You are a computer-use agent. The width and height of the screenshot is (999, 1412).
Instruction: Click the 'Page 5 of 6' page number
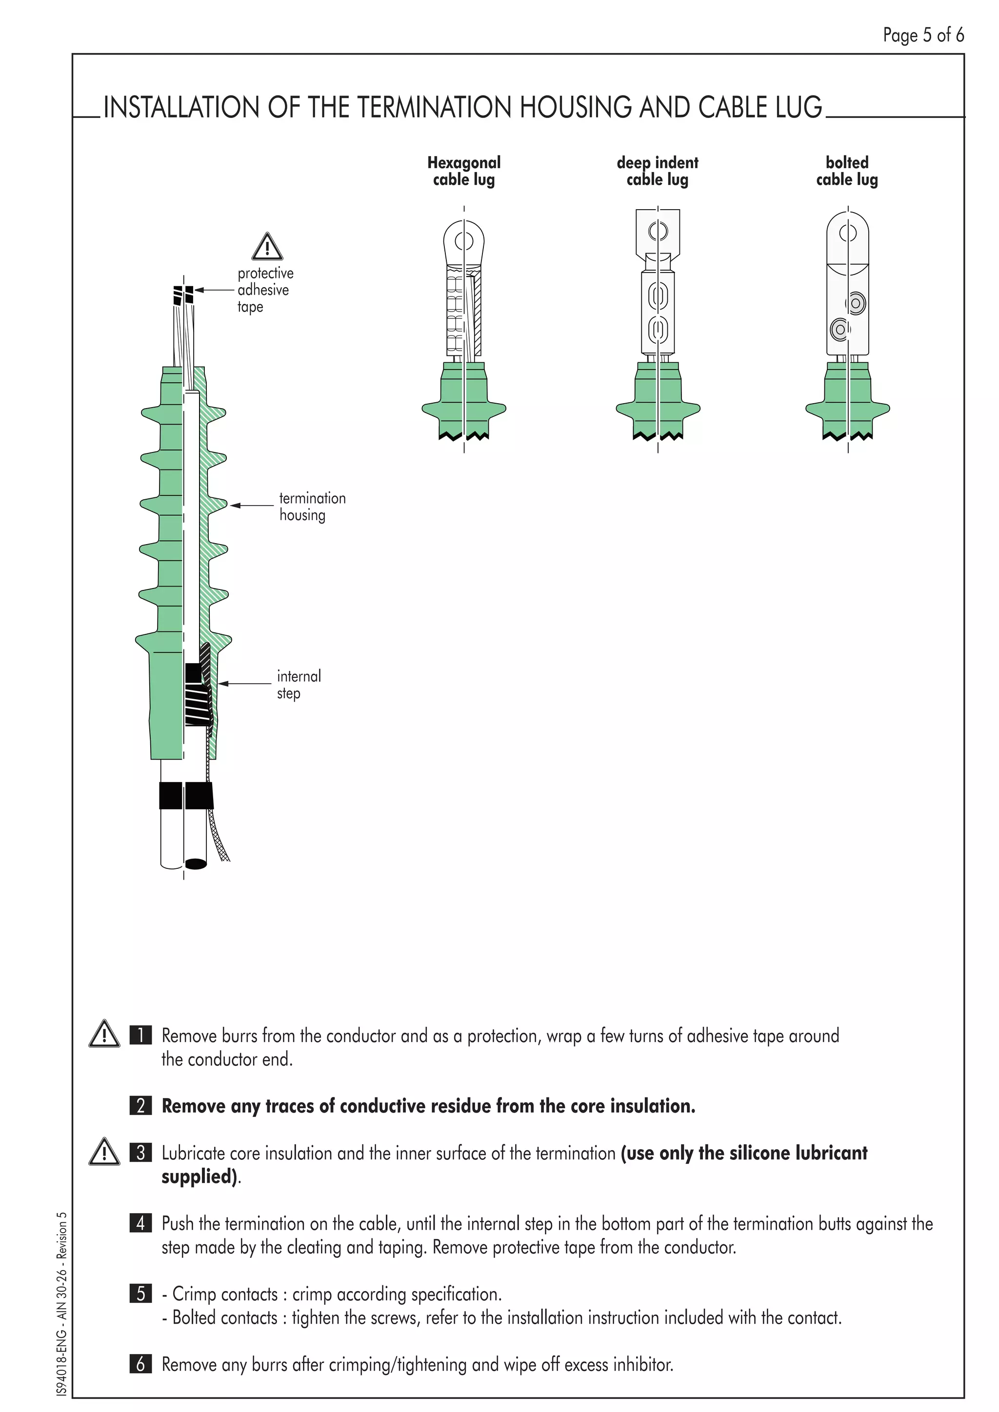point(923,35)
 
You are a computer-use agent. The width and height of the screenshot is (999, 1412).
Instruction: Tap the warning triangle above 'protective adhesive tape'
point(267,247)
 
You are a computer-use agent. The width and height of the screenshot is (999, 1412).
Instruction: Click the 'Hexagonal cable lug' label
point(464,171)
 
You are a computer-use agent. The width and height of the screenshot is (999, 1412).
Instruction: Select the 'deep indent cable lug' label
point(657,171)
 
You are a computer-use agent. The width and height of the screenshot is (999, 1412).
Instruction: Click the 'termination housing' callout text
point(312,506)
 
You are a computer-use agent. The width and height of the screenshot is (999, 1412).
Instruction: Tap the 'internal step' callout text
point(299,685)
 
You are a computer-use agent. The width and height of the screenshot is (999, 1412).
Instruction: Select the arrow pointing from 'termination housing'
point(252,506)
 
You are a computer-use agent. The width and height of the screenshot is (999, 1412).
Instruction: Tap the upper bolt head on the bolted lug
point(855,303)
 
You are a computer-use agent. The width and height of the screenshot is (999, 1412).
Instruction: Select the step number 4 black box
point(141,1223)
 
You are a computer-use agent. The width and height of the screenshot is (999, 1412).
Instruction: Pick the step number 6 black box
point(141,1364)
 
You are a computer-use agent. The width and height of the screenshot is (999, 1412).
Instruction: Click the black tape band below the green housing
point(186,795)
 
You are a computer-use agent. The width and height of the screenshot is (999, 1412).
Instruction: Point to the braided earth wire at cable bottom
point(220,836)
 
